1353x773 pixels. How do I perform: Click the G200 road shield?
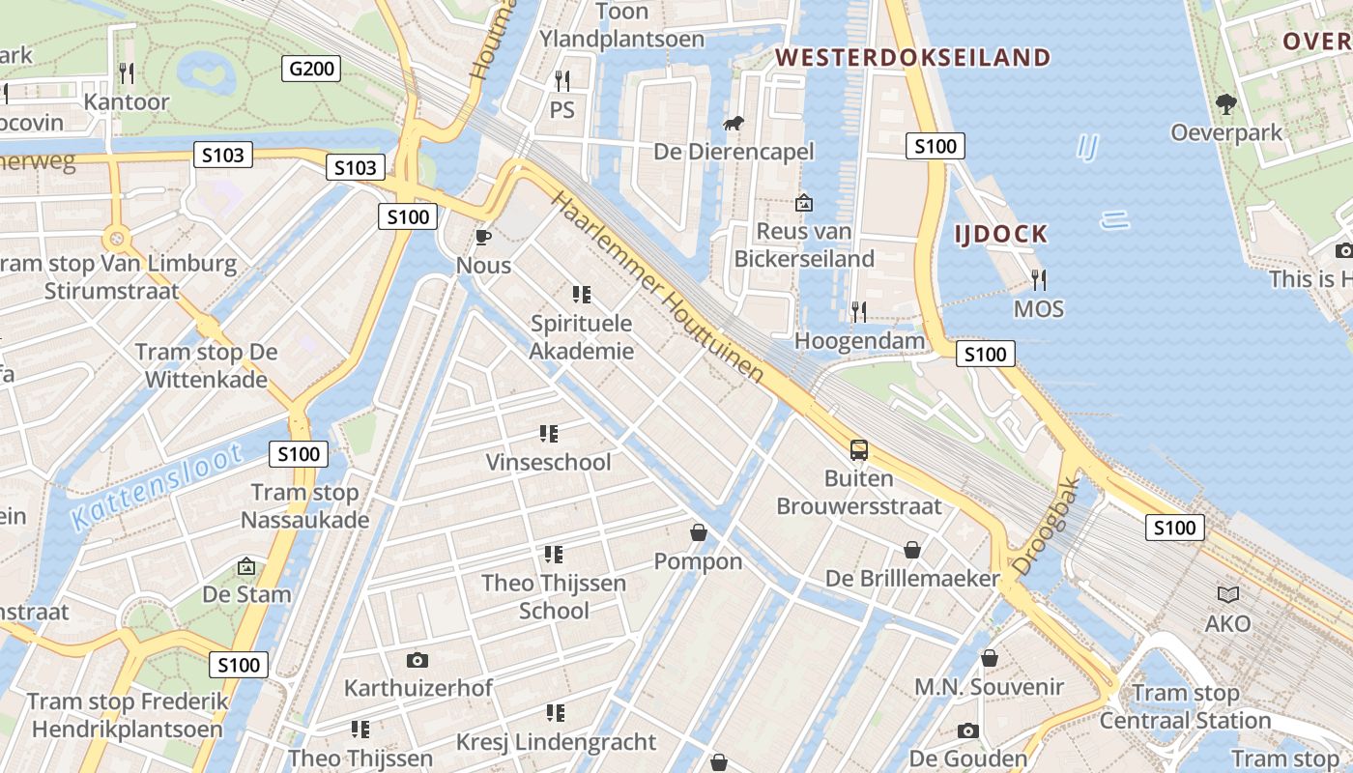click(x=311, y=68)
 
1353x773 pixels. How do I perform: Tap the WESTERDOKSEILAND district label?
click(x=912, y=57)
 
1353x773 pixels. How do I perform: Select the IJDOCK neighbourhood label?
click(x=1000, y=233)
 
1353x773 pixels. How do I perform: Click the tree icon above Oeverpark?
click(x=1226, y=103)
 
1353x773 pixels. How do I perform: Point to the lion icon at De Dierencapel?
click(x=734, y=124)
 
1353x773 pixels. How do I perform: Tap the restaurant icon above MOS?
click(x=1039, y=280)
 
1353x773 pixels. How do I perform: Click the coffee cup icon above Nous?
click(x=484, y=237)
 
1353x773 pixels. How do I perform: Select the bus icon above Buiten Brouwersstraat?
click(x=858, y=449)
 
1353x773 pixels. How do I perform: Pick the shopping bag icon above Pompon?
click(x=698, y=532)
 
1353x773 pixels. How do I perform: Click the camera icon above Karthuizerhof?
click(x=417, y=660)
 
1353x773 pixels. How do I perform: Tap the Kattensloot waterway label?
click(x=156, y=487)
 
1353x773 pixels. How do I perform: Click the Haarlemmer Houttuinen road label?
click(x=658, y=287)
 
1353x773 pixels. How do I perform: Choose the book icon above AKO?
click(x=1227, y=594)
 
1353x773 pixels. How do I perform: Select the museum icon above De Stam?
click(x=246, y=565)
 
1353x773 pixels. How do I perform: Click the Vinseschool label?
click(x=548, y=462)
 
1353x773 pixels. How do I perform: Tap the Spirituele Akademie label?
click(x=582, y=337)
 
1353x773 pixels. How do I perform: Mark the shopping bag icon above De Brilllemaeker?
click(x=911, y=550)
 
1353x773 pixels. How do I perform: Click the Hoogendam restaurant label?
click(x=859, y=341)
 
